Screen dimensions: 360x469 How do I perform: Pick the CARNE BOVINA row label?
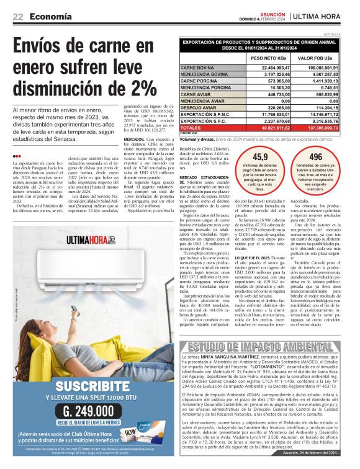tap(197, 67)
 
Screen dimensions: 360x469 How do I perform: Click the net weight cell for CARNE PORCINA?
tap(269, 81)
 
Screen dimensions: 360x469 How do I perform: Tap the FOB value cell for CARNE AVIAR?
tap(327, 94)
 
